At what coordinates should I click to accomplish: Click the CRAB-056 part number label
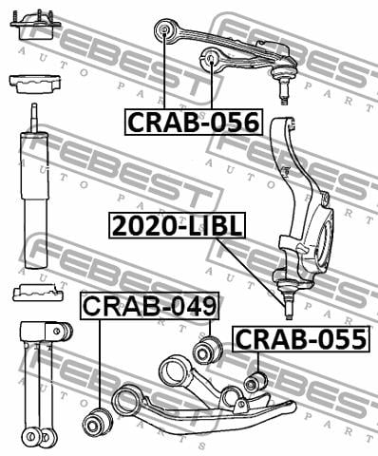coord(194,123)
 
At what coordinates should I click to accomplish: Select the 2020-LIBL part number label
coord(178,225)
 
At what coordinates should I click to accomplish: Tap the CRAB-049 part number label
coord(149,306)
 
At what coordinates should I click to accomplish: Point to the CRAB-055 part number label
coord(301,339)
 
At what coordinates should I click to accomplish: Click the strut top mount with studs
coord(35,26)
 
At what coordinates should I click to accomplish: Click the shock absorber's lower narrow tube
coord(36,234)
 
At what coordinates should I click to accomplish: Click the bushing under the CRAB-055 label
coord(255,383)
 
